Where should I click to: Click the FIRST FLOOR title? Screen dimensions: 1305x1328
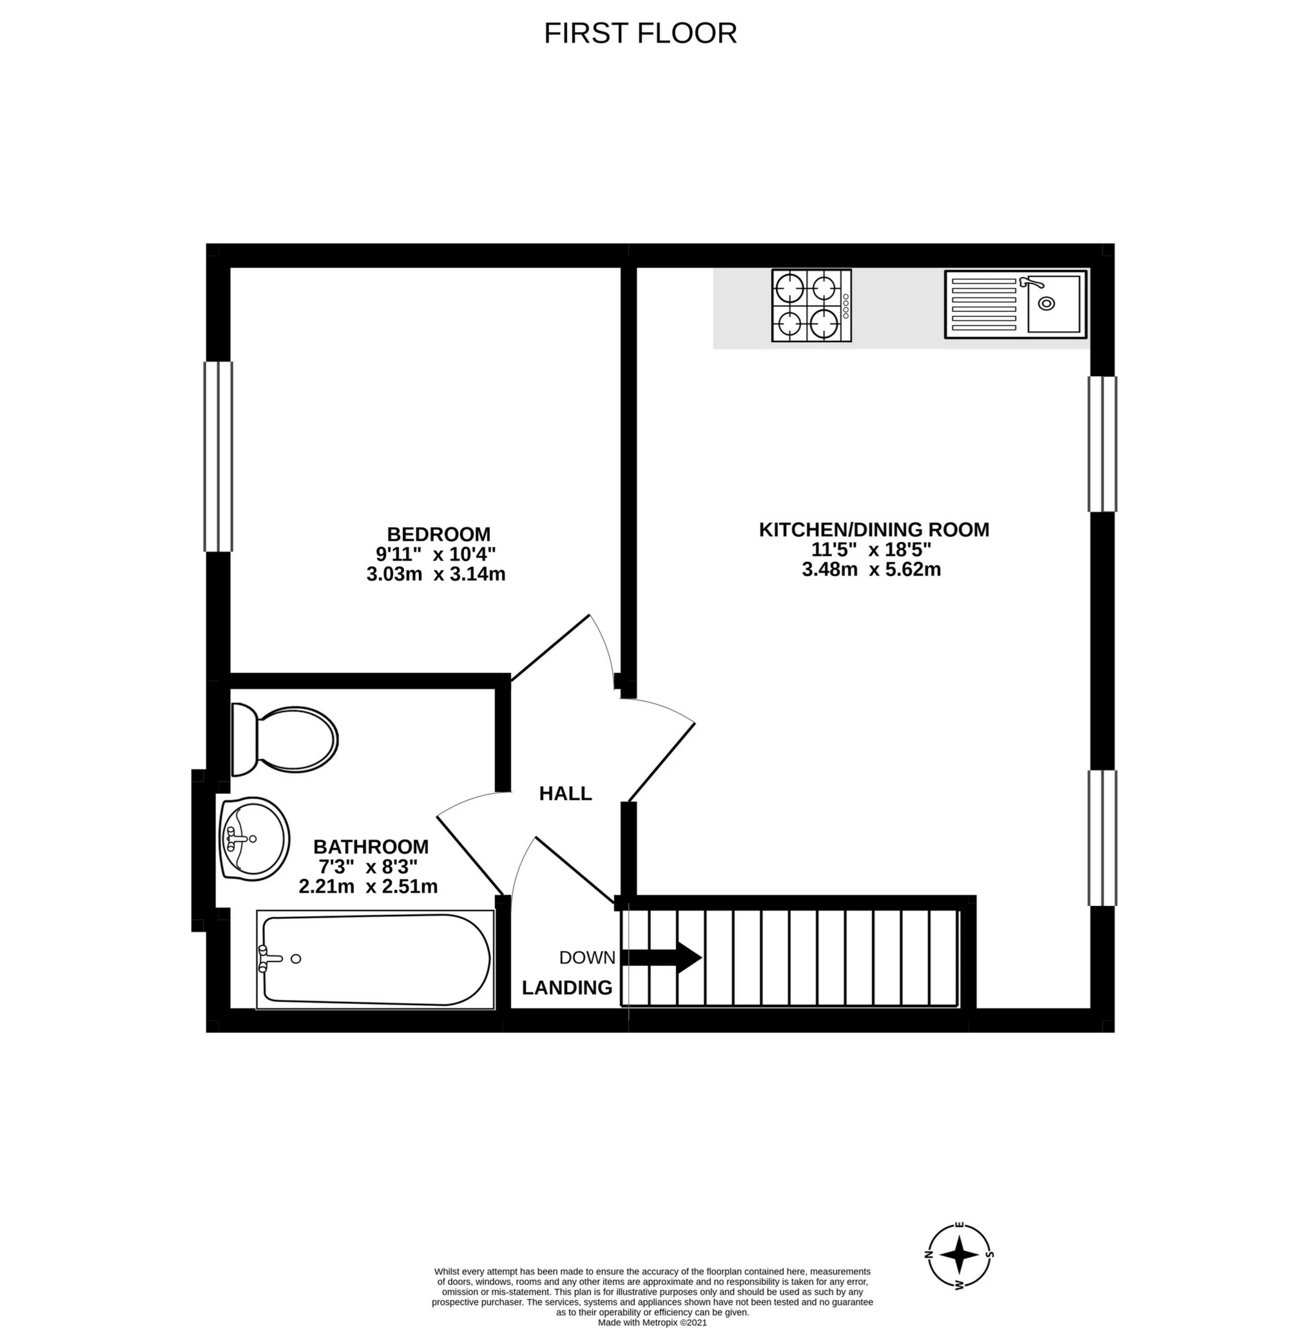tap(640, 34)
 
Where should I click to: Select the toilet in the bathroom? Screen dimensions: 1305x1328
tap(284, 740)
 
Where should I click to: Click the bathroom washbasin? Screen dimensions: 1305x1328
tap(254, 839)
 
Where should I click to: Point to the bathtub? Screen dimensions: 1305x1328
tap(375, 959)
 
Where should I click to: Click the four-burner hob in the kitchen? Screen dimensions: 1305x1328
tap(811, 305)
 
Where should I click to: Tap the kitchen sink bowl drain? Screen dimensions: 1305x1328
tap(1047, 303)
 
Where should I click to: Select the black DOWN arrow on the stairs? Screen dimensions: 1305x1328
tap(661, 958)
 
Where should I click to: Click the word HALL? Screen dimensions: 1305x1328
tap(565, 793)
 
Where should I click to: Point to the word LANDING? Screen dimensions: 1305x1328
tap(567, 987)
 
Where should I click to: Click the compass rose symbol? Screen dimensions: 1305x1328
tap(960, 1255)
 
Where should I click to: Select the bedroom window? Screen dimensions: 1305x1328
tap(218, 456)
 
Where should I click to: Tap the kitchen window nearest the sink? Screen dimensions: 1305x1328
tap(1103, 444)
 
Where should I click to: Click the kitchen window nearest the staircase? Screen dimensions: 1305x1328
tap(1103, 838)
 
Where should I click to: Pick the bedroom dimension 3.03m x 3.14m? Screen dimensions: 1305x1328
tap(436, 574)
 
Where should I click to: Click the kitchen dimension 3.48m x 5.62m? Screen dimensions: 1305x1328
tap(871, 570)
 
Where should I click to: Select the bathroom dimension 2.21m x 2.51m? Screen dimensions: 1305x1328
tap(368, 887)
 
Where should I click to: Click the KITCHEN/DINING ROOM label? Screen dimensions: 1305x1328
tap(874, 530)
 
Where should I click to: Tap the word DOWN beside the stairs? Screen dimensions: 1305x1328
tap(587, 958)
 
